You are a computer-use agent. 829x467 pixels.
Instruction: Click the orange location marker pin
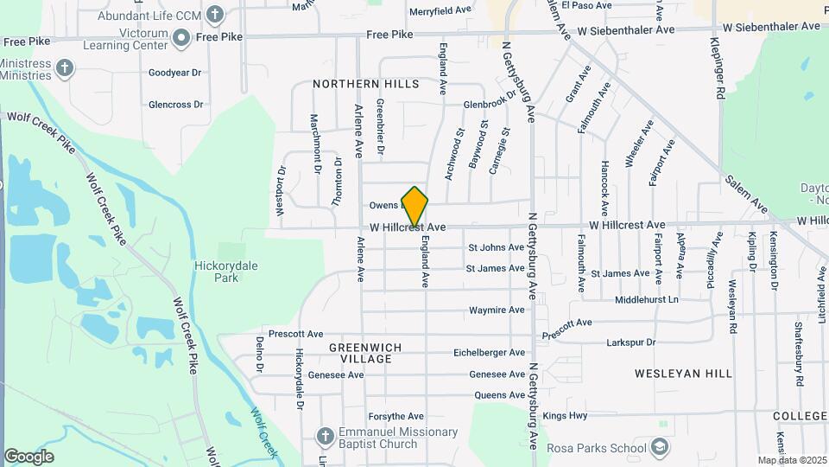tap(415, 207)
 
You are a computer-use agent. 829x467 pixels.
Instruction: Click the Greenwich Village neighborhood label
tap(354, 352)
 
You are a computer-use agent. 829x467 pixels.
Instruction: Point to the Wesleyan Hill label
tap(683, 374)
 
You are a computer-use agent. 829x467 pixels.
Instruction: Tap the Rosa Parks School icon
tap(660, 447)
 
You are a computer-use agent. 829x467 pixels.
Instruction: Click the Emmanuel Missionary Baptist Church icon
tap(326, 434)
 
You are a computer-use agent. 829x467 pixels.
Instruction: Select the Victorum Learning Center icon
tap(181, 36)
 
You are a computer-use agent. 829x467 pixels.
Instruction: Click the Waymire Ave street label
tap(497, 310)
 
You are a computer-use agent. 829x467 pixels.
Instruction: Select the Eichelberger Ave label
tap(490, 353)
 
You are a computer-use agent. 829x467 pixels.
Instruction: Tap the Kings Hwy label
tap(565, 416)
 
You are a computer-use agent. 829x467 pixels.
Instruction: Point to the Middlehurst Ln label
tap(647, 299)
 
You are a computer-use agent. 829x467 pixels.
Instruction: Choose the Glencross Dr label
tap(175, 105)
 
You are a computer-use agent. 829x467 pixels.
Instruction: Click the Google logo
tap(28, 457)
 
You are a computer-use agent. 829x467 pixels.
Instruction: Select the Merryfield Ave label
tap(440, 10)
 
